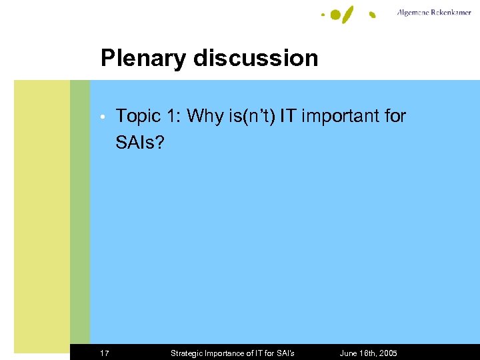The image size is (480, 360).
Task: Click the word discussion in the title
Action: pyautogui.click(x=255, y=58)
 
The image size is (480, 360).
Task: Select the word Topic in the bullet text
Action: pyautogui.click(x=138, y=117)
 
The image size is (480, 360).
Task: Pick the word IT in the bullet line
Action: pyautogui.click(x=288, y=117)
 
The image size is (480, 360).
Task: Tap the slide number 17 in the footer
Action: pyautogui.click(x=105, y=353)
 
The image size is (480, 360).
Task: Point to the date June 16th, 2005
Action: pyautogui.click(x=368, y=353)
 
